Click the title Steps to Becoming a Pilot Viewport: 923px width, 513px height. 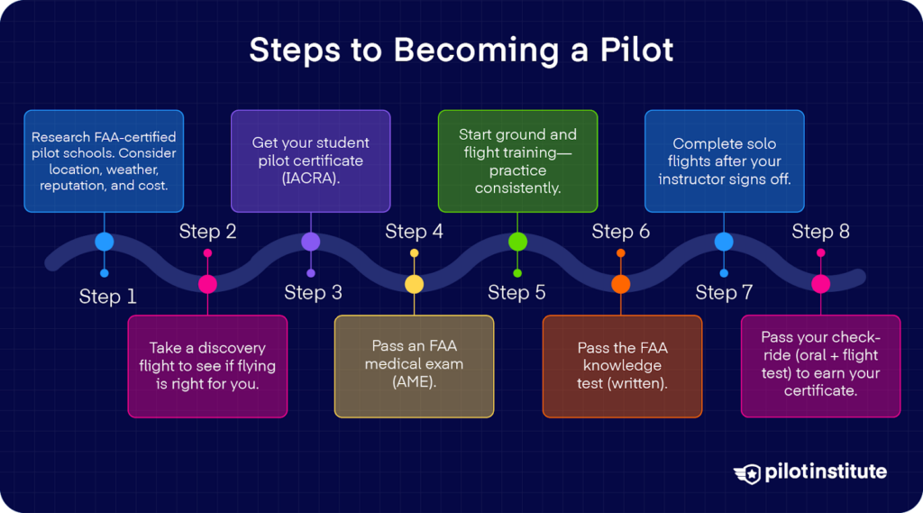click(x=461, y=50)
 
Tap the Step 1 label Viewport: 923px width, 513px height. click(x=107, y=297)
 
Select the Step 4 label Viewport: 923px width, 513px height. click(x=414, y=232)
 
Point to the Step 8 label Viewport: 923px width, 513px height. click(x=820, y=232)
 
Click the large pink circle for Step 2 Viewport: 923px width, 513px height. click(x=207, y=284)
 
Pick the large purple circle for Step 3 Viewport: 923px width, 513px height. click(x=310, y=241)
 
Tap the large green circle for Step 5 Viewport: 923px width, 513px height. click(x=517, y=241)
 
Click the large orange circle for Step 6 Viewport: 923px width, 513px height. click(x=620, y=284)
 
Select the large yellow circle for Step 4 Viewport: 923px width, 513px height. click(x=414, y=284)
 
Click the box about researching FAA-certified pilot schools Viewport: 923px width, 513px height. click(x=104, y=161)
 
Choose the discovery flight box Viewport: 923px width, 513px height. click(x=207, y=366)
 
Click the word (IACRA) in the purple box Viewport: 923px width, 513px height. click(x=310, y=179)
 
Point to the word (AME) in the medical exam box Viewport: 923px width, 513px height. click(x=414, y=383)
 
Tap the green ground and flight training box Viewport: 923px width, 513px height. click(x=517, y=161)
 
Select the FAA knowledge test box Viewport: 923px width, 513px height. click(x=622, y=366)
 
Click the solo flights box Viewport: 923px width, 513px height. click(x=725, y=161)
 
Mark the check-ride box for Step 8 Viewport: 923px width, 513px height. click(x=820, y=366)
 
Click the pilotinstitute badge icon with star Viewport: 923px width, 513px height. click(x=747, y=472)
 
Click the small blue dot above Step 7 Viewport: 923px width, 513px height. click(x=724, y=273)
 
